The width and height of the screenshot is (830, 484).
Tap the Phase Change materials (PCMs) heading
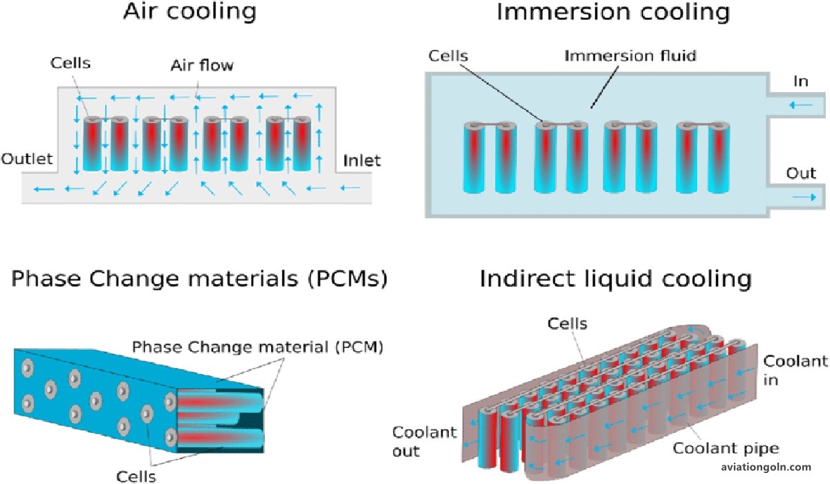point(199,279)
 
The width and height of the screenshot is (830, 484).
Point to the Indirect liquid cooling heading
point(615,279)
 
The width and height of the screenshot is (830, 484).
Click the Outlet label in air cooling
point(27,159)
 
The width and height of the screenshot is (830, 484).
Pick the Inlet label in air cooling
point(362,161)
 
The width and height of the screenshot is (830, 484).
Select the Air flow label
point(203,66)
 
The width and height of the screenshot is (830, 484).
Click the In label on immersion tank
point(801,82)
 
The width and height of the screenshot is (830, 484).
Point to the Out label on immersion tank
point(801,174)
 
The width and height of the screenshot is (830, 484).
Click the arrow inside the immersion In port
point(802,105)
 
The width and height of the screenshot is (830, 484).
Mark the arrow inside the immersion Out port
point(804,198)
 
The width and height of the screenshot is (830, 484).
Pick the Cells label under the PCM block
point(136,475)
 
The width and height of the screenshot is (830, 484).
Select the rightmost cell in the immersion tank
point(722,157)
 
